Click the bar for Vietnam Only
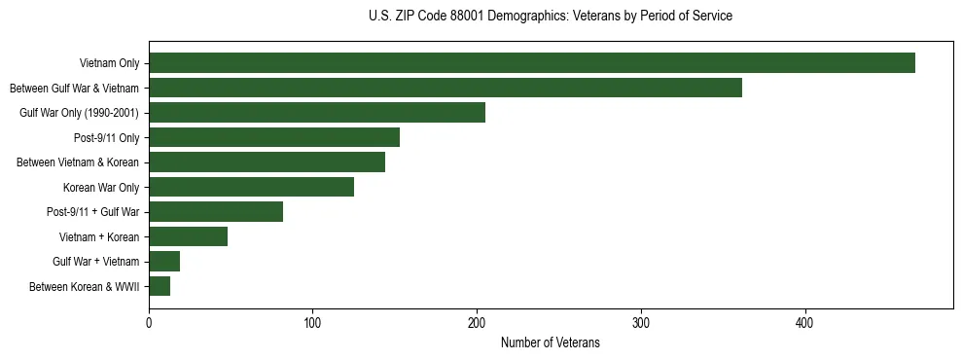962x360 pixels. (532, 63)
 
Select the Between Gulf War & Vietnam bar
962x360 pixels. (445, 88)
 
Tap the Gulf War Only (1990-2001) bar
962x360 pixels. (317, 113)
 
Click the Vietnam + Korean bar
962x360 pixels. (188, 236)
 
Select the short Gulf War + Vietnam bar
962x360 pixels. (164, 261)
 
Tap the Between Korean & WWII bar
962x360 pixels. (160, 286)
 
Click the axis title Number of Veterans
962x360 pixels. (550, 342)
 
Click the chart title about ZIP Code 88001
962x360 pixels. (551, 17)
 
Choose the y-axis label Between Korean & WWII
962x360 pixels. (85, 286)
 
